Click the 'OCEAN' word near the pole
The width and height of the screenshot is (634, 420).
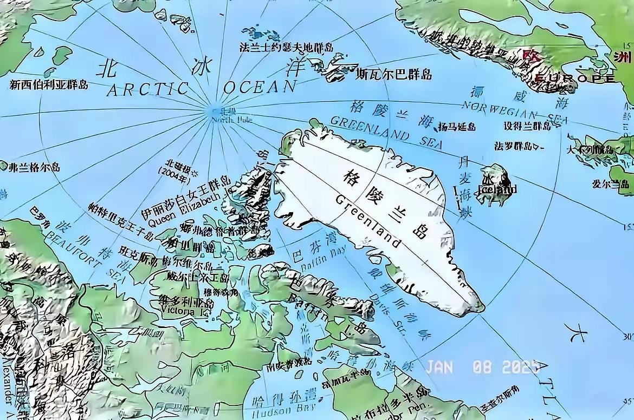point(260,87)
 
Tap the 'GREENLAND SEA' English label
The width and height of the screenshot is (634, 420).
point(386,132)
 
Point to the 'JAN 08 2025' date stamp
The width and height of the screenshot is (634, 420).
point(482,366)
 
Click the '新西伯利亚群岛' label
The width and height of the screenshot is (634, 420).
point(49,84)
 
